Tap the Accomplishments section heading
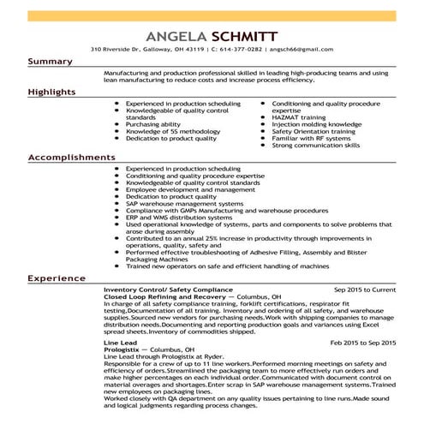point(71,158)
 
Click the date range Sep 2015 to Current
point(365,290)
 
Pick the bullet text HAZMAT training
point(299,116)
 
